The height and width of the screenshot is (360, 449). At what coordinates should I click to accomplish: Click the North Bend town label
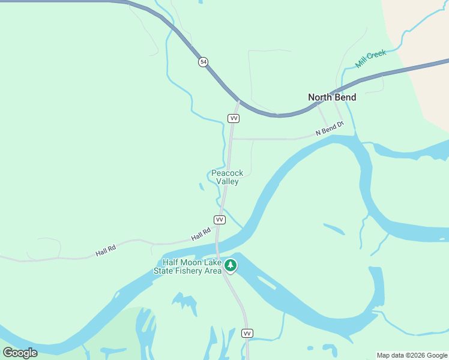(x=332, y=97)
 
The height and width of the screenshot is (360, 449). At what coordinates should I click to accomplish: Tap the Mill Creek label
(x=370, y=59)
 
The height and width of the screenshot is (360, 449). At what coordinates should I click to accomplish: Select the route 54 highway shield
(x=203, y=62)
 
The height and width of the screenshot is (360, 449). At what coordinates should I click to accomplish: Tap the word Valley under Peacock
(x=228, y=181)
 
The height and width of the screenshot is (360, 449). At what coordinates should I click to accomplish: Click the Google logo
(x=20, y=353)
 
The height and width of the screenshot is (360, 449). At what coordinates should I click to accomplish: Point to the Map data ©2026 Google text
(x=412, y=355)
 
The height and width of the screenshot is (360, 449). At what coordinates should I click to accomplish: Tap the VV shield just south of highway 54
(x=234, y=118)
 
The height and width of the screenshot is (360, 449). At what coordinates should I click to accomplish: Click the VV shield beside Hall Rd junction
(x=220, y=220)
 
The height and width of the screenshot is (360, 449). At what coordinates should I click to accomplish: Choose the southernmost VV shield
(x=247, y=333)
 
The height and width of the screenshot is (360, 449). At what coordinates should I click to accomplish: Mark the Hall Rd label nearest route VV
(x=201, y=234)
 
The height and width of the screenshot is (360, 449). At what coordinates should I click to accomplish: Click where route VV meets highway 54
(x=238, y=101)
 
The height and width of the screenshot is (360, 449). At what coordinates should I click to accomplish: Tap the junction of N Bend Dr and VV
(x=232, y=139)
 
